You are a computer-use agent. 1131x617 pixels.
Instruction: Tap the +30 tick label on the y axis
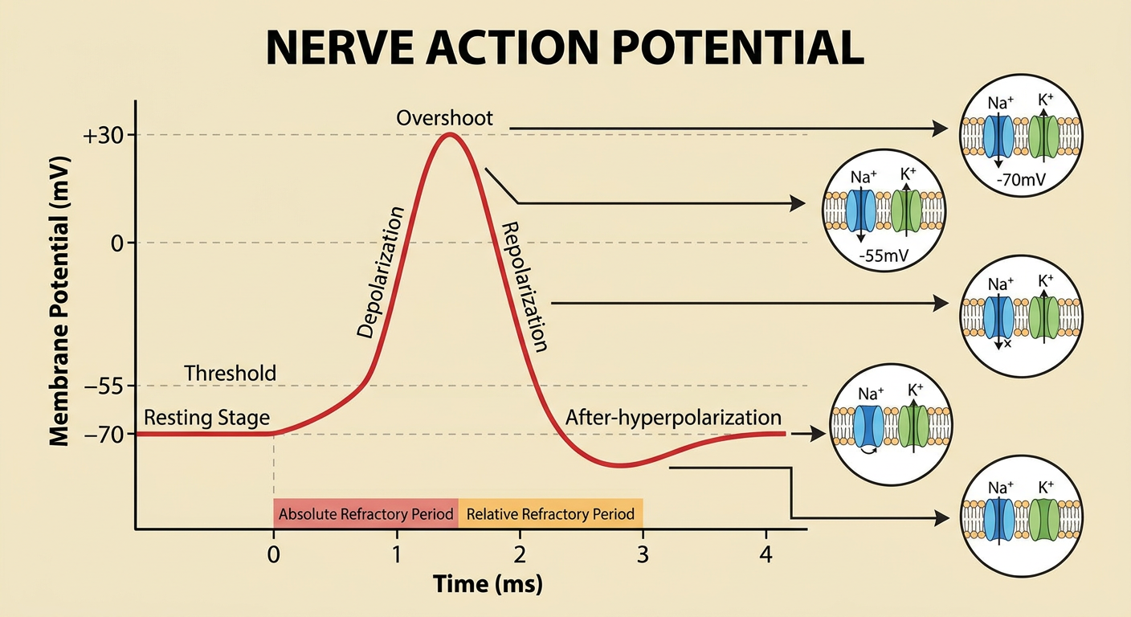tap(104, 136)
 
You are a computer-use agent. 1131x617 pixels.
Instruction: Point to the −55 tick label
tap(104, 386)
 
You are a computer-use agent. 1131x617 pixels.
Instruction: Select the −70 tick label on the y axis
tap(104, 434)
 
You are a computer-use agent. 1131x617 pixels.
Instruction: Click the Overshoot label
tap(444, 118)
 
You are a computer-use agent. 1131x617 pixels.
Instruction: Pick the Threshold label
tap(231, 374)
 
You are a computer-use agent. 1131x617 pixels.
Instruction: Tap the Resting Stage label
tap(207, 418)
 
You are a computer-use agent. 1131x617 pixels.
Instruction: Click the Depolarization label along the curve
tap(381, 272)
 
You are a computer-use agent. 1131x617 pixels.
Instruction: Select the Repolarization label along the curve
tap(523, 286)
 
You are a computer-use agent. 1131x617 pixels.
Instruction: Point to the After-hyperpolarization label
tap(674, 418)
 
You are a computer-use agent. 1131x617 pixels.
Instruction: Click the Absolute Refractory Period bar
tap(366, 513)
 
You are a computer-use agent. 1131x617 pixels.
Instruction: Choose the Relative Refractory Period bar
tap(550, 513)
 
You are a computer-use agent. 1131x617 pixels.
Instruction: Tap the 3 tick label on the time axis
tap(643, 555)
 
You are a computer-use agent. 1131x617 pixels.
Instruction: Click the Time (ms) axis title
tap(488, 584)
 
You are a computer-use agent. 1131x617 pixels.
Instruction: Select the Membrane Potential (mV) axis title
tap(59, 301)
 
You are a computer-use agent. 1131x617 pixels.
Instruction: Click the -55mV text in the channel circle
tap(884, 255)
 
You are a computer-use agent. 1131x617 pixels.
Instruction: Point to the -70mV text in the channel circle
tap(1021, 179)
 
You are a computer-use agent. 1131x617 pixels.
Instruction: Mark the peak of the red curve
tap(449, 134)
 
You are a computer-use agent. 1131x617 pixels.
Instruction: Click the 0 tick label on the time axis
tap(273, 555)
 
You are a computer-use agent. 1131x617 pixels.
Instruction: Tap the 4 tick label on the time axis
tap(766, 555)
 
